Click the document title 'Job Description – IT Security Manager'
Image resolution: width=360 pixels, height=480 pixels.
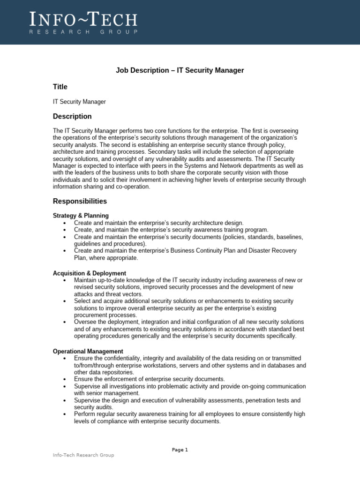point(180,70)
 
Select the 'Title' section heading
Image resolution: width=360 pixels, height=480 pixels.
point(60,87)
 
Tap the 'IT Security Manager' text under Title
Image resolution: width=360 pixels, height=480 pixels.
point(79,102)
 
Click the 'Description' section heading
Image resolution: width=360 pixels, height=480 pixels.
point(72,116)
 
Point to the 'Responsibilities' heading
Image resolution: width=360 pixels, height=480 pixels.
point(80,201)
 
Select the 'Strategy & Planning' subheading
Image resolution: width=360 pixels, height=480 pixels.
point(81,216)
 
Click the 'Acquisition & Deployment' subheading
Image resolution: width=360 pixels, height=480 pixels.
point(90,273)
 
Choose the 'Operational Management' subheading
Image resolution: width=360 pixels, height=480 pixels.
point(88,351)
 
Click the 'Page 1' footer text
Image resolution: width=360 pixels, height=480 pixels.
point(180,450)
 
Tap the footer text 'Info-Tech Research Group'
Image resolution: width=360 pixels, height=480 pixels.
point(83,455)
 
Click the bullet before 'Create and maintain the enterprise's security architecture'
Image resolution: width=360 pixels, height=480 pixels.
point(64,223)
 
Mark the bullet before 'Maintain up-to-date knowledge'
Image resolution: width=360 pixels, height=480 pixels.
point(64,280)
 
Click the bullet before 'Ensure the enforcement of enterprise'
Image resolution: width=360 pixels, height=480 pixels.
point(64,379)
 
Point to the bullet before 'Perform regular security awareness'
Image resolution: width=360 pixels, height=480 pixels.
point(64,415)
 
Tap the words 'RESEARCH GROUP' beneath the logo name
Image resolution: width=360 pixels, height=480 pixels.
point(84,32)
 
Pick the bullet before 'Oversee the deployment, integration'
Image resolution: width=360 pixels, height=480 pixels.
point(64,322)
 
